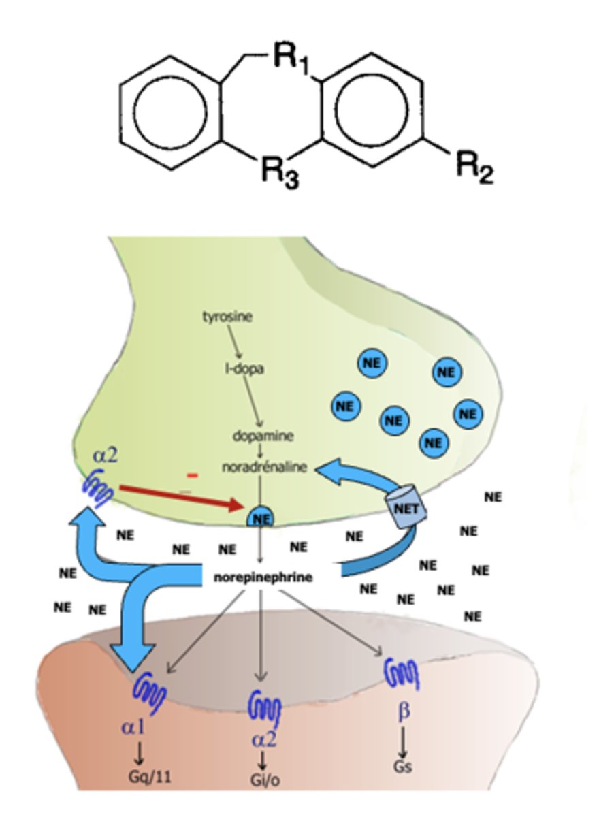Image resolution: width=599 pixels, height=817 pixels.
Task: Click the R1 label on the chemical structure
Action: click(x=293, y=59)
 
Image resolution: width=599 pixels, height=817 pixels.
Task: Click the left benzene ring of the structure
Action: click(x=167, y=112)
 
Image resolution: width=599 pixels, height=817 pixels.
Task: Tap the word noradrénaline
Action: click(x=263, y=467)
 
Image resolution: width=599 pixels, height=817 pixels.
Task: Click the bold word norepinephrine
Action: click(x=263, y=577)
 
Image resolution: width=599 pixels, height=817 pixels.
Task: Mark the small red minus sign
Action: click(x=193, y=475)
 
